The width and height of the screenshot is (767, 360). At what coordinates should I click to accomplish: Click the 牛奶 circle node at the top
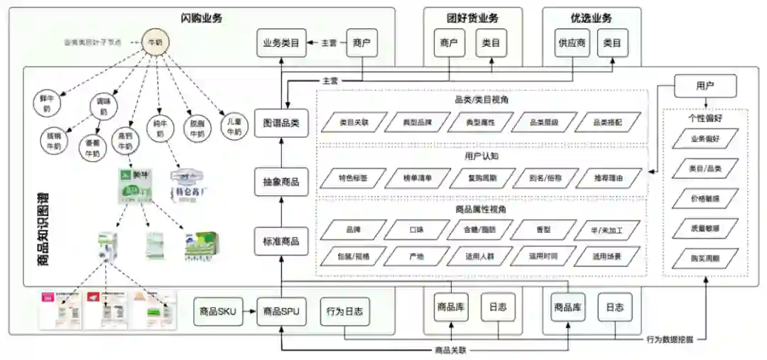pyautogui.click(x=153, y=42)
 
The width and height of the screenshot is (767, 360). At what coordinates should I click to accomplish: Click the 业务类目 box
pyautogui.click(x=281, y=43)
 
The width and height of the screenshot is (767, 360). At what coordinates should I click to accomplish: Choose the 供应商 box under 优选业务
pyautogui.click(x=572, y=43)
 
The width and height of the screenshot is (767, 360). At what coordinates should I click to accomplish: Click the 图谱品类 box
pyautogui.click(x=281, y=122)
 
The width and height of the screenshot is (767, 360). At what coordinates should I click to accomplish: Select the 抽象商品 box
pyautogui.click(x=281, y=182)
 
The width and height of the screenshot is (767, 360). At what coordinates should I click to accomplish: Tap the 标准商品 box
pyautogui.click(x=281, y=241)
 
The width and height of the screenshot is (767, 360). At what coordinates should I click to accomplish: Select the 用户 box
pyautogui.click(x=705, y=86)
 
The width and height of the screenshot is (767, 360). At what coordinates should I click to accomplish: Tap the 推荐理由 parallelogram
pyautogui.click(x=609, y=178)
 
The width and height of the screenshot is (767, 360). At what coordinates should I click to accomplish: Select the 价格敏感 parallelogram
pyautogui.click(x=705, y=198)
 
